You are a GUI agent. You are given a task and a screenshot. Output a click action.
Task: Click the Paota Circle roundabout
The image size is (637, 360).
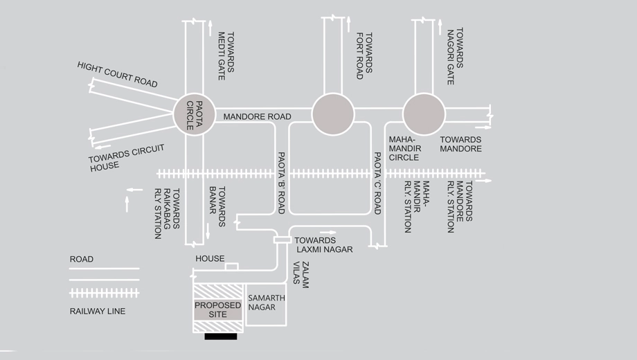(194, 115)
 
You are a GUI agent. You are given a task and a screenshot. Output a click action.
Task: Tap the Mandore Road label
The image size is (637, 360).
(257, 116)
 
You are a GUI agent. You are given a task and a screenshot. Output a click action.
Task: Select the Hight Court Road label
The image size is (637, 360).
(118, 75)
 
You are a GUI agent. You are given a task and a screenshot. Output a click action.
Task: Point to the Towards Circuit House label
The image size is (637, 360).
(126, 158)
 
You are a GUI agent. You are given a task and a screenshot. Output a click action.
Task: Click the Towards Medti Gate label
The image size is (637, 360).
(226, 56)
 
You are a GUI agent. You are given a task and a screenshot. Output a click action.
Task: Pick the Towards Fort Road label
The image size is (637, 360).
(364, 56)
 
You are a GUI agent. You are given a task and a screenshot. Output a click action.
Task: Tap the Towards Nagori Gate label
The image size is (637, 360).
(455, 56)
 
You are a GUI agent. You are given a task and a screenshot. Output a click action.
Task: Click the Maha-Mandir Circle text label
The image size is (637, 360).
(405, 148)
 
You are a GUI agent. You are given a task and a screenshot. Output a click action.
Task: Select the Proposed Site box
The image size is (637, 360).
(217, 309)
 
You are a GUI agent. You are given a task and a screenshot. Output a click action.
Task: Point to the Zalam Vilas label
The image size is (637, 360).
(301, 275)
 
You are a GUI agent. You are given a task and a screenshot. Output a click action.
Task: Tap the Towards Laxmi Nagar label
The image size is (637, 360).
(323, 245)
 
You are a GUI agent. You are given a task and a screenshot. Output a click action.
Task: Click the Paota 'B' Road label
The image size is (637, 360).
(281, 183)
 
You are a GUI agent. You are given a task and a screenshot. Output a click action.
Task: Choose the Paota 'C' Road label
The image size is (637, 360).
(377, 183)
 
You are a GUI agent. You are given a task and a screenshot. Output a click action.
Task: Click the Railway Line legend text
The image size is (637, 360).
(98, 312)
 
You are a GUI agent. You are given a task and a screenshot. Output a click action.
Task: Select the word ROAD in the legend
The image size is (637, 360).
(81, 259)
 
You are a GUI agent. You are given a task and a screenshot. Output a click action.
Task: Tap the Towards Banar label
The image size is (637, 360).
(217, 206)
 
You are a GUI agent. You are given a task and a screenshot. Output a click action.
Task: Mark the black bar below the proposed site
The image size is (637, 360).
(221, 336)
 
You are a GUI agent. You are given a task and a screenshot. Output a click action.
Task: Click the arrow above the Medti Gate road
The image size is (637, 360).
(210, 28)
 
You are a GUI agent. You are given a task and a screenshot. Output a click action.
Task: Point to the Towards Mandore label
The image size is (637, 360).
(460, 144)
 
